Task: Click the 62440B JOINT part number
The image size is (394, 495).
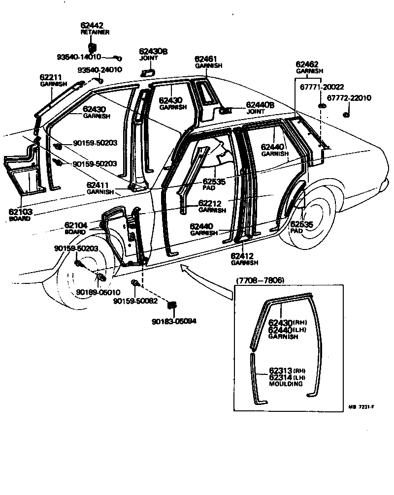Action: [x=260, y=105]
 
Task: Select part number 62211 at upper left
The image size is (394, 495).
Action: [x=51, y=77]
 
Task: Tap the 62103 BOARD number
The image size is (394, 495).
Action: [x=20, y=212]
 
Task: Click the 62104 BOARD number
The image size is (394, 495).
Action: [x=76, y=225]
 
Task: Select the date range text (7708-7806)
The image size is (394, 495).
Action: [x=261, y=280]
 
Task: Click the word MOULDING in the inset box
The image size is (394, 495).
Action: [x=286, y=384]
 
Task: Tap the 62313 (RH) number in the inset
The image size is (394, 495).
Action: [x=280, y=370]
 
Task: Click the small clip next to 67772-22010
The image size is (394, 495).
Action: [x=345, y=115]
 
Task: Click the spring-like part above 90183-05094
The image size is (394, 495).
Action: [x=172, y=306]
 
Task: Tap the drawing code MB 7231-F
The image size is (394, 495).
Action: [x=362, y=407]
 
